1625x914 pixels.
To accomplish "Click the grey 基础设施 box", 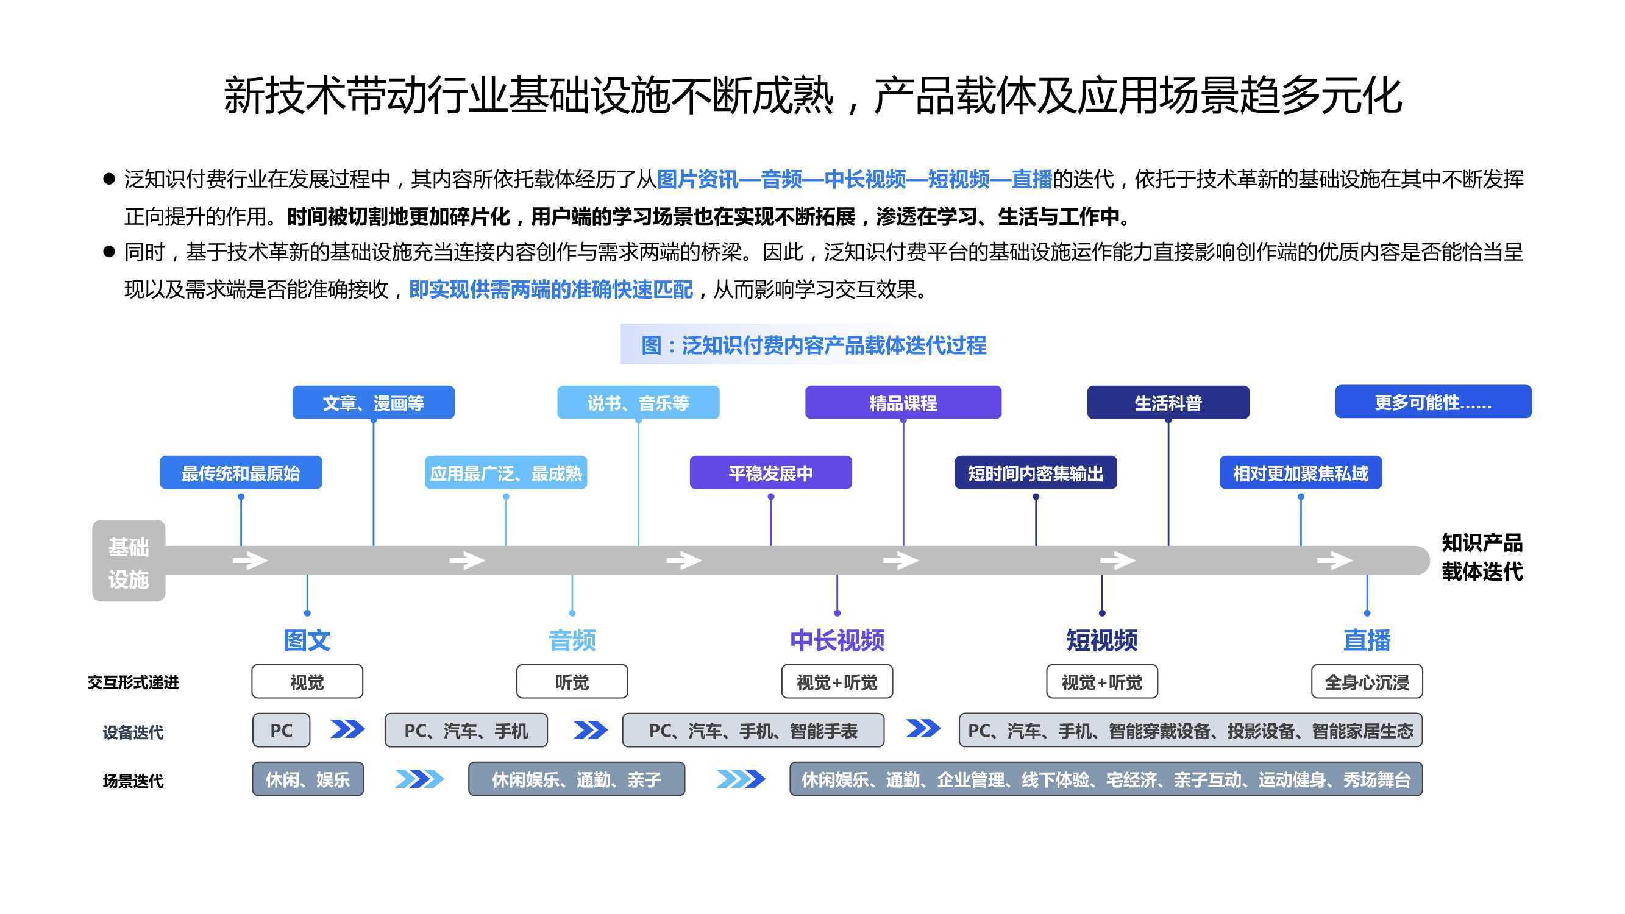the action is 129,560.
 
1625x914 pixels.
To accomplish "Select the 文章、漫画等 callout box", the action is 374,402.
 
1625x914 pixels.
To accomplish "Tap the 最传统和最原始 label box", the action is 241,472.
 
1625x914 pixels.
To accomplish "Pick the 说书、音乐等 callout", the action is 638,402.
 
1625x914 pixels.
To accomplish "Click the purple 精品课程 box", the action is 903,402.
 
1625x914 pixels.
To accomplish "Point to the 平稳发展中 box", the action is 771,472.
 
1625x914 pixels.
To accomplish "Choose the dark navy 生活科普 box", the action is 1168,402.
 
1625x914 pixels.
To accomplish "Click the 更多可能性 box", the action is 1433,402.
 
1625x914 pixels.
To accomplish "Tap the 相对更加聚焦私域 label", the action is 1301,472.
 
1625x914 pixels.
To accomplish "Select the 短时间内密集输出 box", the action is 1036,472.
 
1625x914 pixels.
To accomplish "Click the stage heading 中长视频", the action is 837,640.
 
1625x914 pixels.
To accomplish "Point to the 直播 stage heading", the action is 1367,640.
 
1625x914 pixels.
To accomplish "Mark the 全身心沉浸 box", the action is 1367,681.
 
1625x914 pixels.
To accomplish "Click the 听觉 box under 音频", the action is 572,681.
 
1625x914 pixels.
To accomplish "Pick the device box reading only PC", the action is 282,731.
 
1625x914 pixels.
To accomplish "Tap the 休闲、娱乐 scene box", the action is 308,779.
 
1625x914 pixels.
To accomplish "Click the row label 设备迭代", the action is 133,732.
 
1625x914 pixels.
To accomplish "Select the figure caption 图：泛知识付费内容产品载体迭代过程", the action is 814,345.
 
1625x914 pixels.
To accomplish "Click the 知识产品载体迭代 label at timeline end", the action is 1482,557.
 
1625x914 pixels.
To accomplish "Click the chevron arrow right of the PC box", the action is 347,729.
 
